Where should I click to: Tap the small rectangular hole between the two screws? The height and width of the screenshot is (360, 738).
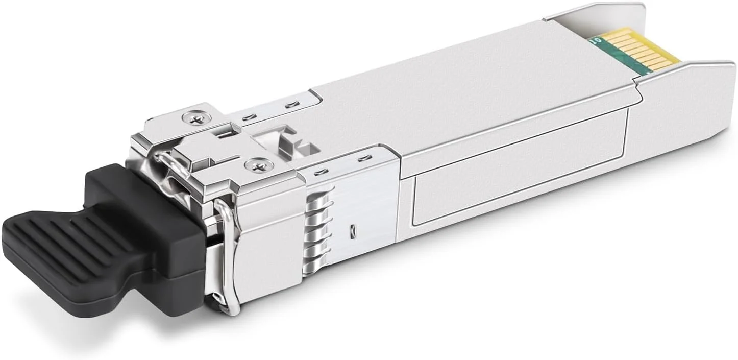223,134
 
